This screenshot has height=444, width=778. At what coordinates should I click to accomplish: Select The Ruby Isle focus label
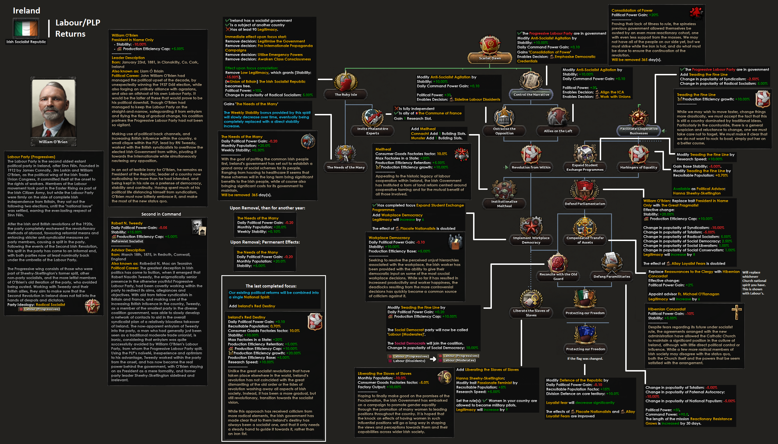coord(346,95)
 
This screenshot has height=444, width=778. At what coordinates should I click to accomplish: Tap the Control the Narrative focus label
coord(531,95)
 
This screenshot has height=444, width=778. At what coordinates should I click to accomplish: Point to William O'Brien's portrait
coord(54,108)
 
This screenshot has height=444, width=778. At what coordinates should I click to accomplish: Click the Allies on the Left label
coord(558,131)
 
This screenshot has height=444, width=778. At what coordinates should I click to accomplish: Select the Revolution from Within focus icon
coord(531,154)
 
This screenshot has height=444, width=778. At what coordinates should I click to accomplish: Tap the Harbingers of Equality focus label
coord(638,167)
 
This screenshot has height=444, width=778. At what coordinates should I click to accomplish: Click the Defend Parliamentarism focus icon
coord(585,190)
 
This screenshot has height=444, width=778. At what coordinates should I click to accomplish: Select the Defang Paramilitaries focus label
coord(612,277)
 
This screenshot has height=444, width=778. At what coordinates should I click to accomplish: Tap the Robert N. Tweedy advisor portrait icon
coord(199,227)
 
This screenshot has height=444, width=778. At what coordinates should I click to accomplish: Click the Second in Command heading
coord(161,214)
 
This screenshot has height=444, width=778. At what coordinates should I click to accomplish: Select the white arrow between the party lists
coord(433,359)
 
